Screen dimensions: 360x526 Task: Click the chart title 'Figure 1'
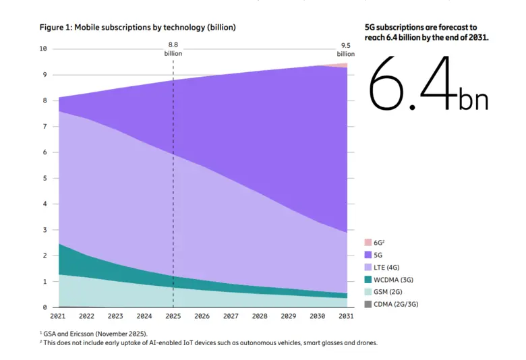point(137,28)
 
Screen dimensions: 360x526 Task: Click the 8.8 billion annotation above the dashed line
point(173,49)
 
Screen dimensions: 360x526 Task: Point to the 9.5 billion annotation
point(347,49)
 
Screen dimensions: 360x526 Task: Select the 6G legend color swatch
point(368,242)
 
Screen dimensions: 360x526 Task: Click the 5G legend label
point(378,255)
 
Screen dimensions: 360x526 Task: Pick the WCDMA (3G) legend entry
point(392,279)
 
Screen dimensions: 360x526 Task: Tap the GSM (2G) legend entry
point(388,292)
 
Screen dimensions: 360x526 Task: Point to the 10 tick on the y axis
point(43,49)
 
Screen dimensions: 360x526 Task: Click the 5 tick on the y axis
point(45,178)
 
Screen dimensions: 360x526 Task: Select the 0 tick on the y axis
point(45,307)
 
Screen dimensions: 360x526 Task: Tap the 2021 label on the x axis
point(59,316)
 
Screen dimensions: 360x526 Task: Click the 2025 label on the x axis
point(173,316)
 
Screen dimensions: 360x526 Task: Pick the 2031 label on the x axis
point(347,316)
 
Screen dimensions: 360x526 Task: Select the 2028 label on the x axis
point(260,316)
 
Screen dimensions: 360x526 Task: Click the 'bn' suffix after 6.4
point(473,100)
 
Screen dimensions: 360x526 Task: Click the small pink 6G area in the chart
point(342,65)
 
